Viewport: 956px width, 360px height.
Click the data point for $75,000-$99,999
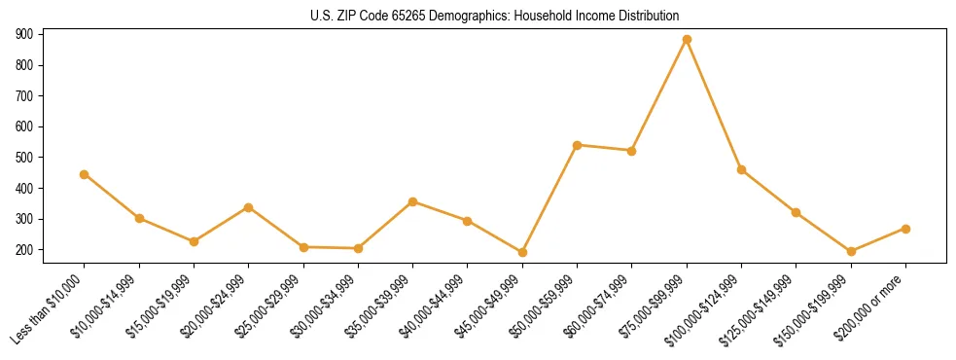tap(687, 40)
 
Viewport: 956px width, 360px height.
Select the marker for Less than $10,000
tap(85, 174)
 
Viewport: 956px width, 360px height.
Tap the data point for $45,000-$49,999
tap(522, 253)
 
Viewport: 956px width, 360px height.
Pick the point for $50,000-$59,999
tap(578, 145)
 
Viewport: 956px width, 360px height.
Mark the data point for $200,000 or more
tap(905, 229)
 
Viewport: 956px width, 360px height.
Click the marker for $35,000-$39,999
tap(413, 201)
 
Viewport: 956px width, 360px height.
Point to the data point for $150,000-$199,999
tap(851, 251)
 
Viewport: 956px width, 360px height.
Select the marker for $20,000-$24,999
tap(249, 207)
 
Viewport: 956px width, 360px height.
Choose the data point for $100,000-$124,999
tap(741, 169)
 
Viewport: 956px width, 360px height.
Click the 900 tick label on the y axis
tap(24, 34)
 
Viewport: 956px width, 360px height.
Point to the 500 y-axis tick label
tap(24, 158)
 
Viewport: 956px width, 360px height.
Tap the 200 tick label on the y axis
tap(24, 250)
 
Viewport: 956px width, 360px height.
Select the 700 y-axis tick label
tap(24, 96)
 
